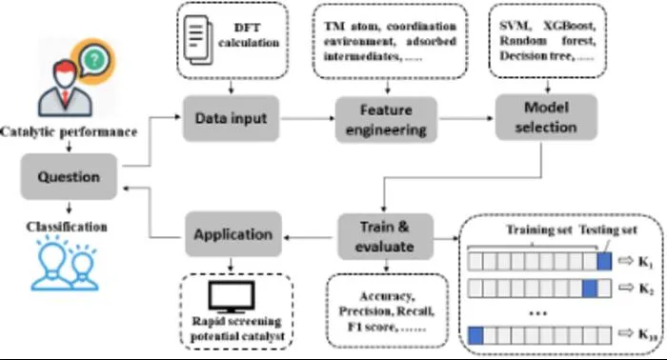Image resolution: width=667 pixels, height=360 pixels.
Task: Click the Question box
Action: point(69,176)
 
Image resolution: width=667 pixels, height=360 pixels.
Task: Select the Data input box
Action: point(231,118)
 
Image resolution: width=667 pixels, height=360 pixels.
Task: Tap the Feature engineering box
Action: point(386,119)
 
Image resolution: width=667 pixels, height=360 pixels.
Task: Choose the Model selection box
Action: point(546,117)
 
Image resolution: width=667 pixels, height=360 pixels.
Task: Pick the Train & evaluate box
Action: point(385,236)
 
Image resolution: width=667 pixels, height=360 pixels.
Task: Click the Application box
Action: point(233,234)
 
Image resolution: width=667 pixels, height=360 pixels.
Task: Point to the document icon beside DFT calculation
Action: point(198,40)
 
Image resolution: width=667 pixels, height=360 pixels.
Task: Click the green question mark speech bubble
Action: point(94,60)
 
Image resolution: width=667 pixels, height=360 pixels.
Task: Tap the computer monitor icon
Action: point(232,297)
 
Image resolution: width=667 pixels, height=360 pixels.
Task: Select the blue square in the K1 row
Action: point(604,261)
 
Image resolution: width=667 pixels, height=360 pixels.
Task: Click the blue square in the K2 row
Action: point(589,289)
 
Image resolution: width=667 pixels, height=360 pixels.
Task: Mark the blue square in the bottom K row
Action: point(475,335)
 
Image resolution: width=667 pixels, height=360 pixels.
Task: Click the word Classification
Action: point(67,227)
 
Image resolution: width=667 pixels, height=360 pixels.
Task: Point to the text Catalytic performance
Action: point(69,131)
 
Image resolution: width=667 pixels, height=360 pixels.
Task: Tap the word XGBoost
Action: point(569,26)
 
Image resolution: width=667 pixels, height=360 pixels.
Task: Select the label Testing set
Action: point(608,230)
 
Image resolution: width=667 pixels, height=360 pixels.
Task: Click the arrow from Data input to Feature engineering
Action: point(308,118)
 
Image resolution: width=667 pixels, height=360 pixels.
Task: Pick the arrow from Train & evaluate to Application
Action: point(309,237)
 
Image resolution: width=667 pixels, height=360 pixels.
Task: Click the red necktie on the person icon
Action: point(65,96)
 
